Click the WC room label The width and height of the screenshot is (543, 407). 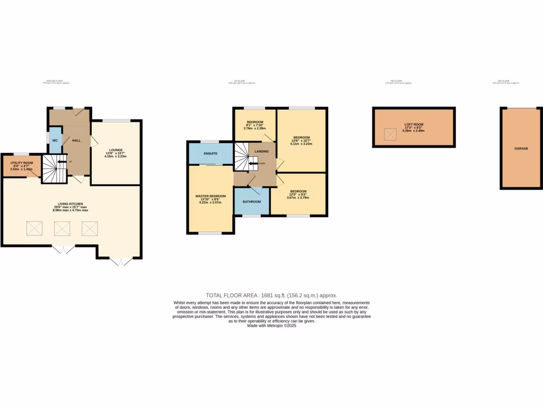click(x=55, y=140)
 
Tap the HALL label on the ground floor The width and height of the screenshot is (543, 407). click(x=76, y=140)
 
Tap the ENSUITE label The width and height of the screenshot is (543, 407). click(x=211, y=154)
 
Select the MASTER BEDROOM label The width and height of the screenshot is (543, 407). click(x=211, y=196)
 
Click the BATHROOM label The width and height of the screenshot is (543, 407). click(x=252, y=201)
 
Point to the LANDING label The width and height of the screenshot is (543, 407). click(x=261, y=152)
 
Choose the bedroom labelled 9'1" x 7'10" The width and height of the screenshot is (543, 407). click(x=254, y=122)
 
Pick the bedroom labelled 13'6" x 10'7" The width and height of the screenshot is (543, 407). click(x=301, y=137)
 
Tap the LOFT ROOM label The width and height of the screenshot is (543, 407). click(x=413, y=125)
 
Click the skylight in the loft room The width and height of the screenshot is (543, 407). click(x=390, y=135)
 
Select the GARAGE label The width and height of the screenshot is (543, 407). click(x=521, y=148)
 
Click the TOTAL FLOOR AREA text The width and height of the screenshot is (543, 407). click(x=271, y=295)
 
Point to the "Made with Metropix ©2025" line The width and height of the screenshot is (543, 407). click(x=271, y=326)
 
